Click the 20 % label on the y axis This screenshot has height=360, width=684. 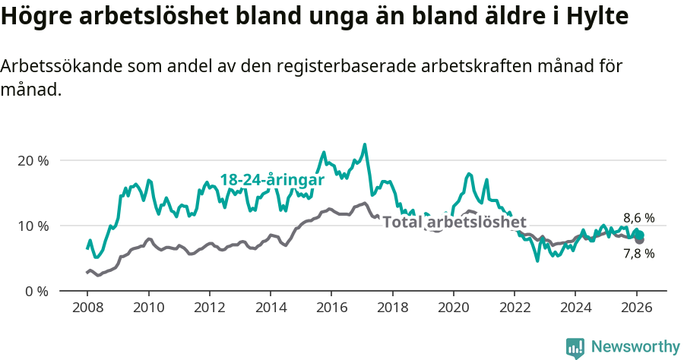click(33, 161)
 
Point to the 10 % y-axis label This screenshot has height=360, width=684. click(33, 226)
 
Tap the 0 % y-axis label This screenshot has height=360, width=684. click(36, 291)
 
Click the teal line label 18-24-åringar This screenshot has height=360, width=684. click(272, 180)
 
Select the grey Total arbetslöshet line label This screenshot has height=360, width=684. click(454, 223)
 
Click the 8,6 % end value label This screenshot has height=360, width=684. click(638, 218)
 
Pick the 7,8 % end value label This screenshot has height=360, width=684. click(638, 254)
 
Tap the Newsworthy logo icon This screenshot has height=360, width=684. click(575, 348)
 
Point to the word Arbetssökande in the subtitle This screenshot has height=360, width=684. click(50, 66)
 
